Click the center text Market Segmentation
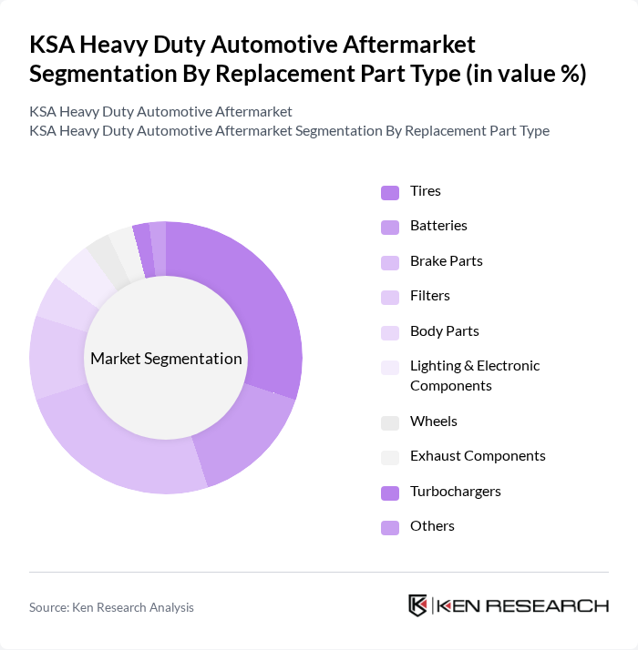click(166, 358)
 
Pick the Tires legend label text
click(426, 191)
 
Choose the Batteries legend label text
click(438, 226)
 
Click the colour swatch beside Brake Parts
click(390, 262)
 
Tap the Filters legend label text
click(430, 296)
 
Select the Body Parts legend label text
click(445, 331)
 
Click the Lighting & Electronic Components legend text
click(475, 376)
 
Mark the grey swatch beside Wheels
click(390, 422)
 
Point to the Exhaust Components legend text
click(478, 456)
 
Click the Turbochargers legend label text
click(456, 492)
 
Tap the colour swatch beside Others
click(390, 527)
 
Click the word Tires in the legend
click(426, 191)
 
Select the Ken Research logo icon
click(417, 605)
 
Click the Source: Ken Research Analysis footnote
click(111, 607)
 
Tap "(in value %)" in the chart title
click(525, 74)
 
